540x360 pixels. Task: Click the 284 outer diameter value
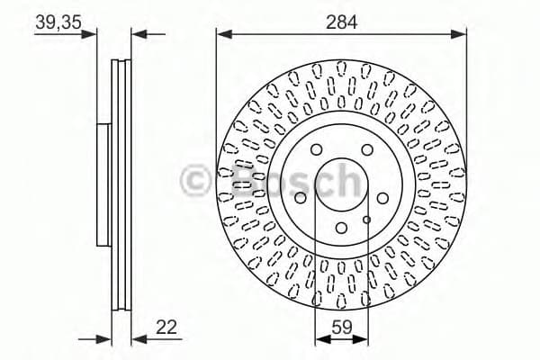click(x=342, y=22)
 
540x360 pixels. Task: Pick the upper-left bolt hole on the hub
click(x=316, y=151)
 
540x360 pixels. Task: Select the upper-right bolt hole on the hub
click(x=367, y=151)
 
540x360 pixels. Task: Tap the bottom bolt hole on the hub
click(x=341, y=228)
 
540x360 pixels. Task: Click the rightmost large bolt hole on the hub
click(x=382, y=198)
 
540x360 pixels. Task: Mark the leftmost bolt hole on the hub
click(x=301, y=198)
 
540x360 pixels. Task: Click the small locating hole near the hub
click(x=366, y=218)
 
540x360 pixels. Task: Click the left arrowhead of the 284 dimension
click(x=221, y=35)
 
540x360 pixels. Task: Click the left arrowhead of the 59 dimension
click(x=320, y=340)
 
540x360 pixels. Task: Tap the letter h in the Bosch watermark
click(x=343, y=180)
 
